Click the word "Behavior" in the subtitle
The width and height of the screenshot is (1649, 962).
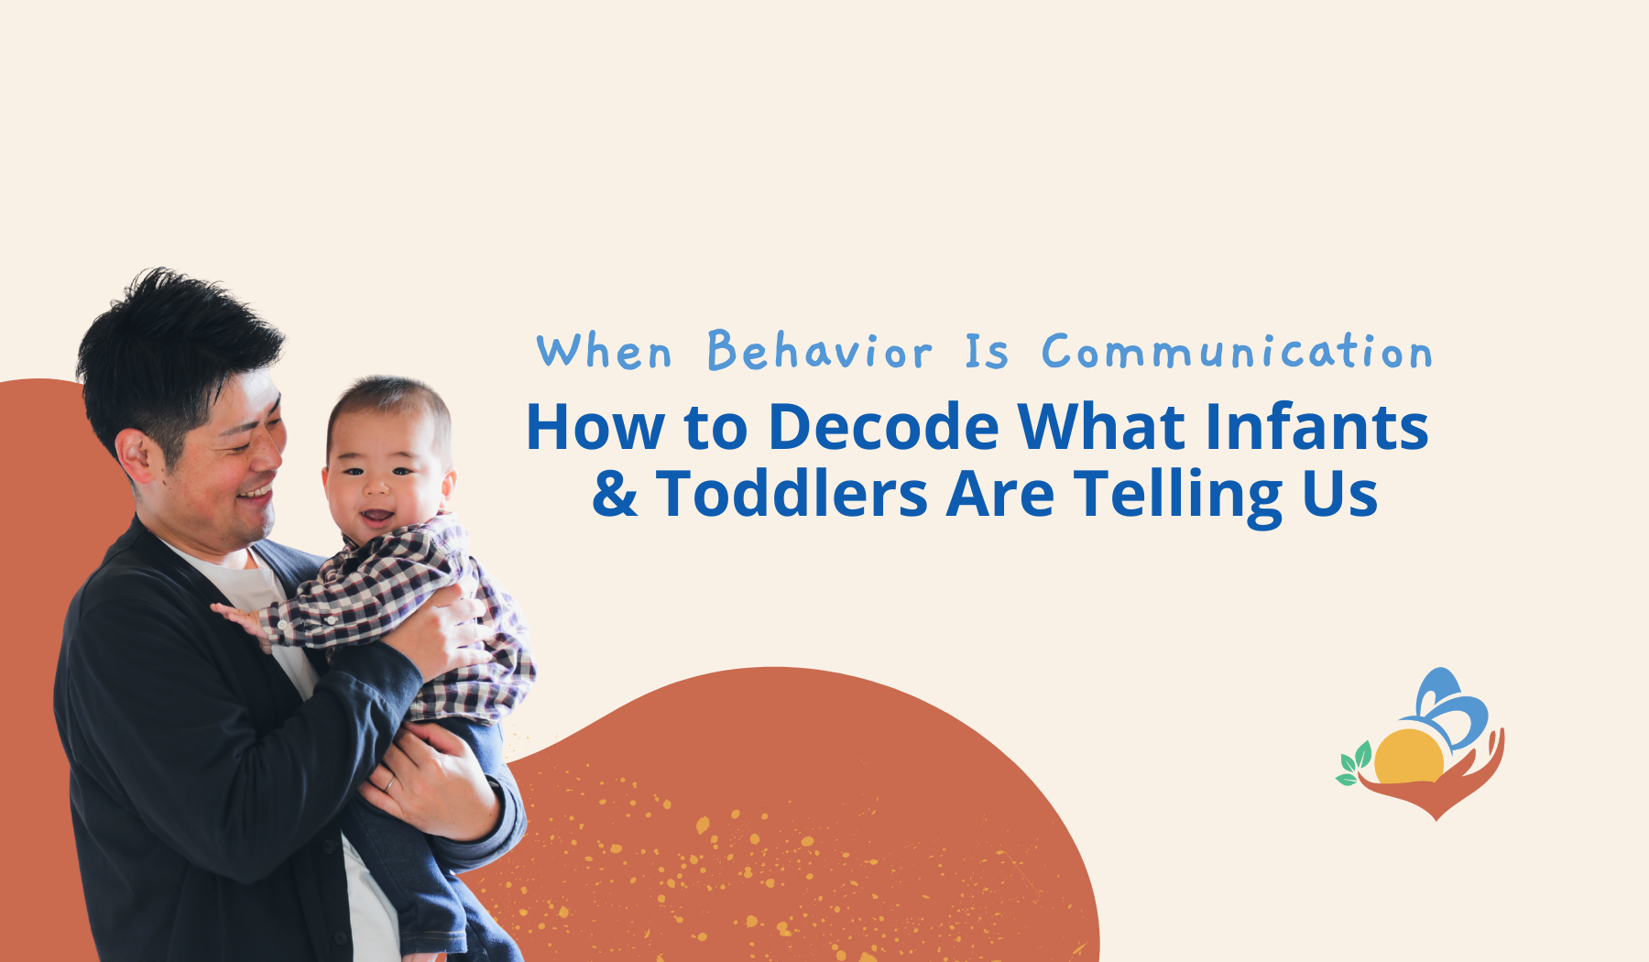(820, 351)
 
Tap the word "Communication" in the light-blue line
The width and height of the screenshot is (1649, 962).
(1237, 352)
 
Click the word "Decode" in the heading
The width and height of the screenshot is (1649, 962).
(884, 427)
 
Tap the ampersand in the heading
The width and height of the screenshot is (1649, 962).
(615, 495)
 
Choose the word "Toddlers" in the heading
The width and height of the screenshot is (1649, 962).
(792, 495)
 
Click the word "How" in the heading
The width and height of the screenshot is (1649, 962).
(595, 428)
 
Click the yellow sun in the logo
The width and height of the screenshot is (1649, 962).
(1409, 758)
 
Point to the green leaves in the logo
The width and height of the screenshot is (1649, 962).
(1354, 764)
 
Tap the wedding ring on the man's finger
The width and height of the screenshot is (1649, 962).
(389, 782)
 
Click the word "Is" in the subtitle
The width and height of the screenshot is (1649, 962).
(987, 352)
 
